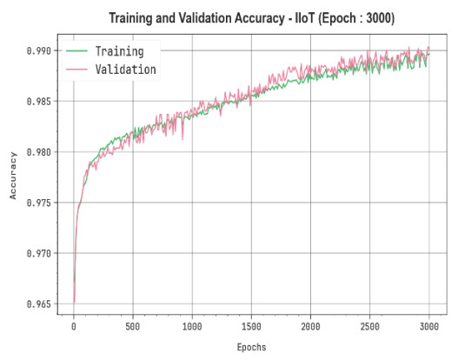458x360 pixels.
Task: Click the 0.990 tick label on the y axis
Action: tap(38, 50)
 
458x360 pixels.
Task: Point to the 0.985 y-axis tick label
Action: tap(38, 102)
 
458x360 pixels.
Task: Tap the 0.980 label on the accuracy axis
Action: tap(38, 152)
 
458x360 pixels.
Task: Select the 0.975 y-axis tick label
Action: tap(38, 203)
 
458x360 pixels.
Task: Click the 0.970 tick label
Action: tap(38, 253)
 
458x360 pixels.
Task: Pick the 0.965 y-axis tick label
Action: tap(38, 303)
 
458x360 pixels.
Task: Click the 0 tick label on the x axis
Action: tap(74, 326)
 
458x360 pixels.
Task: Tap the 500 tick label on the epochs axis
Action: tap(133, 326)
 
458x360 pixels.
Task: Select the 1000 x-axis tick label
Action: tap(192, 326)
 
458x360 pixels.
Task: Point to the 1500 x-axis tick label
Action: tap(251, 326)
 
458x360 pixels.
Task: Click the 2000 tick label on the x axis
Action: tap(310, 326)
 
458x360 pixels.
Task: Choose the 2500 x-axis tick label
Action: tap(369, 326)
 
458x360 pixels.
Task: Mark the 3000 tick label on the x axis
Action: tap(429, 326)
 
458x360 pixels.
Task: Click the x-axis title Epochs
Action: tap(251, 347)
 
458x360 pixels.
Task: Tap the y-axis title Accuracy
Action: tap(13, 176)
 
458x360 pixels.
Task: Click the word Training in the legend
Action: tap(120, 51)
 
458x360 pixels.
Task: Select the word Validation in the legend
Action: tap(126, 70)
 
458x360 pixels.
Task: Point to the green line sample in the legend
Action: tap(76, 51)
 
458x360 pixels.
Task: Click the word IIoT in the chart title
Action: tap(305, 18)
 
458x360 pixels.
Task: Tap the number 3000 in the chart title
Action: tap(378, 18)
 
